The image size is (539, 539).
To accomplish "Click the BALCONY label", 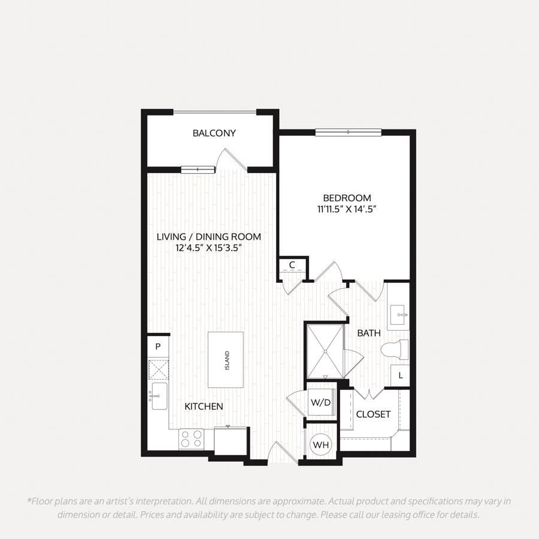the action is [x=214, y=133].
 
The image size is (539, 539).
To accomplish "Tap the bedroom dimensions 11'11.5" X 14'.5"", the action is [x=347, y=209].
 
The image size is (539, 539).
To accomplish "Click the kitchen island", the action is [x=226, y=359].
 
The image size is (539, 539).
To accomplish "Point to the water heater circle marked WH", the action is [x=321, y=445].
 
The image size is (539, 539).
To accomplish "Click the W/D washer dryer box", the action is [x=321, y=402].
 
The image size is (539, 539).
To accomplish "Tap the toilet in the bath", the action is [x=395, y=350].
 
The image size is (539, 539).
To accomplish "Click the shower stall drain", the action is [x=325, y=351].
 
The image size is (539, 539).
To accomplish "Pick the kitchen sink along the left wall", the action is [x=159, y=396].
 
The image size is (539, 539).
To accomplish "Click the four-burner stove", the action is [x=191, y=439].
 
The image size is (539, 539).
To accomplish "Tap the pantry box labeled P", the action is [x=158, y=347].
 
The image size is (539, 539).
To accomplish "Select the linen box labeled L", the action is [x=400, y=376].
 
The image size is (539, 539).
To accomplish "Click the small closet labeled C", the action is [x=292, y=265].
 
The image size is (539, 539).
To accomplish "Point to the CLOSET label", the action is [x=373, y=414].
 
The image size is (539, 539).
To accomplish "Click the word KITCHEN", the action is [x=204, y=406].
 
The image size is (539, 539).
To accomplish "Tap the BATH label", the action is [x=369, y=333].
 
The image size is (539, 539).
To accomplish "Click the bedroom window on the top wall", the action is [x=348, y=132].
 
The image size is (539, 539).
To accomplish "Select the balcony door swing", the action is [x=232, y=159].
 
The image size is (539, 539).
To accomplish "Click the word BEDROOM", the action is [x=347, y=198].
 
